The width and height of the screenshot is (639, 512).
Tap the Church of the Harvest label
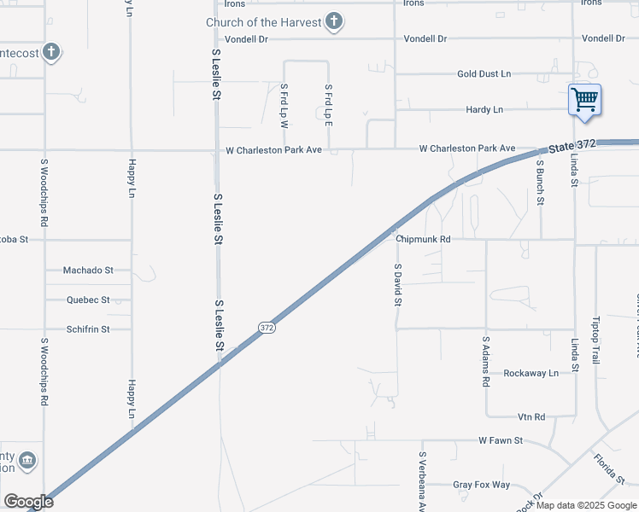tap(262, 21)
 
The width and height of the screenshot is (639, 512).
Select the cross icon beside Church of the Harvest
tap(334, 21)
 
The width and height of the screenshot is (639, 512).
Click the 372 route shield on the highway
tap(267, 327)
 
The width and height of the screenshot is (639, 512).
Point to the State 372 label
tap(572, 147)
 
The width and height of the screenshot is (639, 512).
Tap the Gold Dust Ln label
tap(484, 74)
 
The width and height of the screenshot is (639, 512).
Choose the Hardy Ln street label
tap(484, 110)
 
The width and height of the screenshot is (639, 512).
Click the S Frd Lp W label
tap(284, 106)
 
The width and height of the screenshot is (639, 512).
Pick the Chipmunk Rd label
tap(423, 240)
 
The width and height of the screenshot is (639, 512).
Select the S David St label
tap(397, 285)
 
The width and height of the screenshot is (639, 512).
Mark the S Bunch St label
tap(540, 183)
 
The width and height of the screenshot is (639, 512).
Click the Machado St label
tap(88, 271)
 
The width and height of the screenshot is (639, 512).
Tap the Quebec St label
tap(89, 300)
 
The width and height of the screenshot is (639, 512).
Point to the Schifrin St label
tap(89, 329)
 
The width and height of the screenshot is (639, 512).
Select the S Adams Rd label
tap(486, 363)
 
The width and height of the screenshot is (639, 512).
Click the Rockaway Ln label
tap(531, 373)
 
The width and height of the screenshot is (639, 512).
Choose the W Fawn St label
tap(501, 441)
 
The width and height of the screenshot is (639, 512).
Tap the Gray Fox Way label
tap(481, 485)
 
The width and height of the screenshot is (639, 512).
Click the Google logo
tap(28, 502)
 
